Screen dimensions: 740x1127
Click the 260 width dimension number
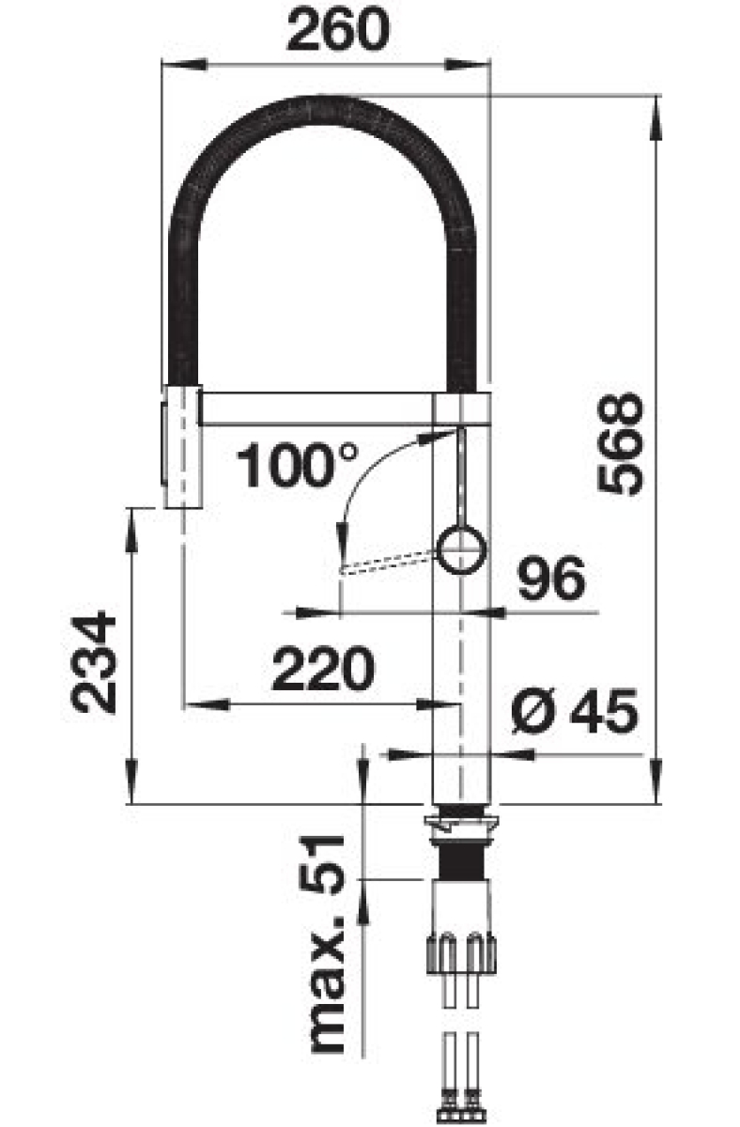pos(338,29)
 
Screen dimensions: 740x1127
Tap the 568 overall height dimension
pos(620,444)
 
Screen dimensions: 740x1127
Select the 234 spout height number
pos(94,662)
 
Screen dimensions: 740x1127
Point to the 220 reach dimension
pos(323,668)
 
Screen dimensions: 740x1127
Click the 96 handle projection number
pos(552,579)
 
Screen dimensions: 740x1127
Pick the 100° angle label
pos(297,465)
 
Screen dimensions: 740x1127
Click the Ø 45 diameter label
pos(575,711)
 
